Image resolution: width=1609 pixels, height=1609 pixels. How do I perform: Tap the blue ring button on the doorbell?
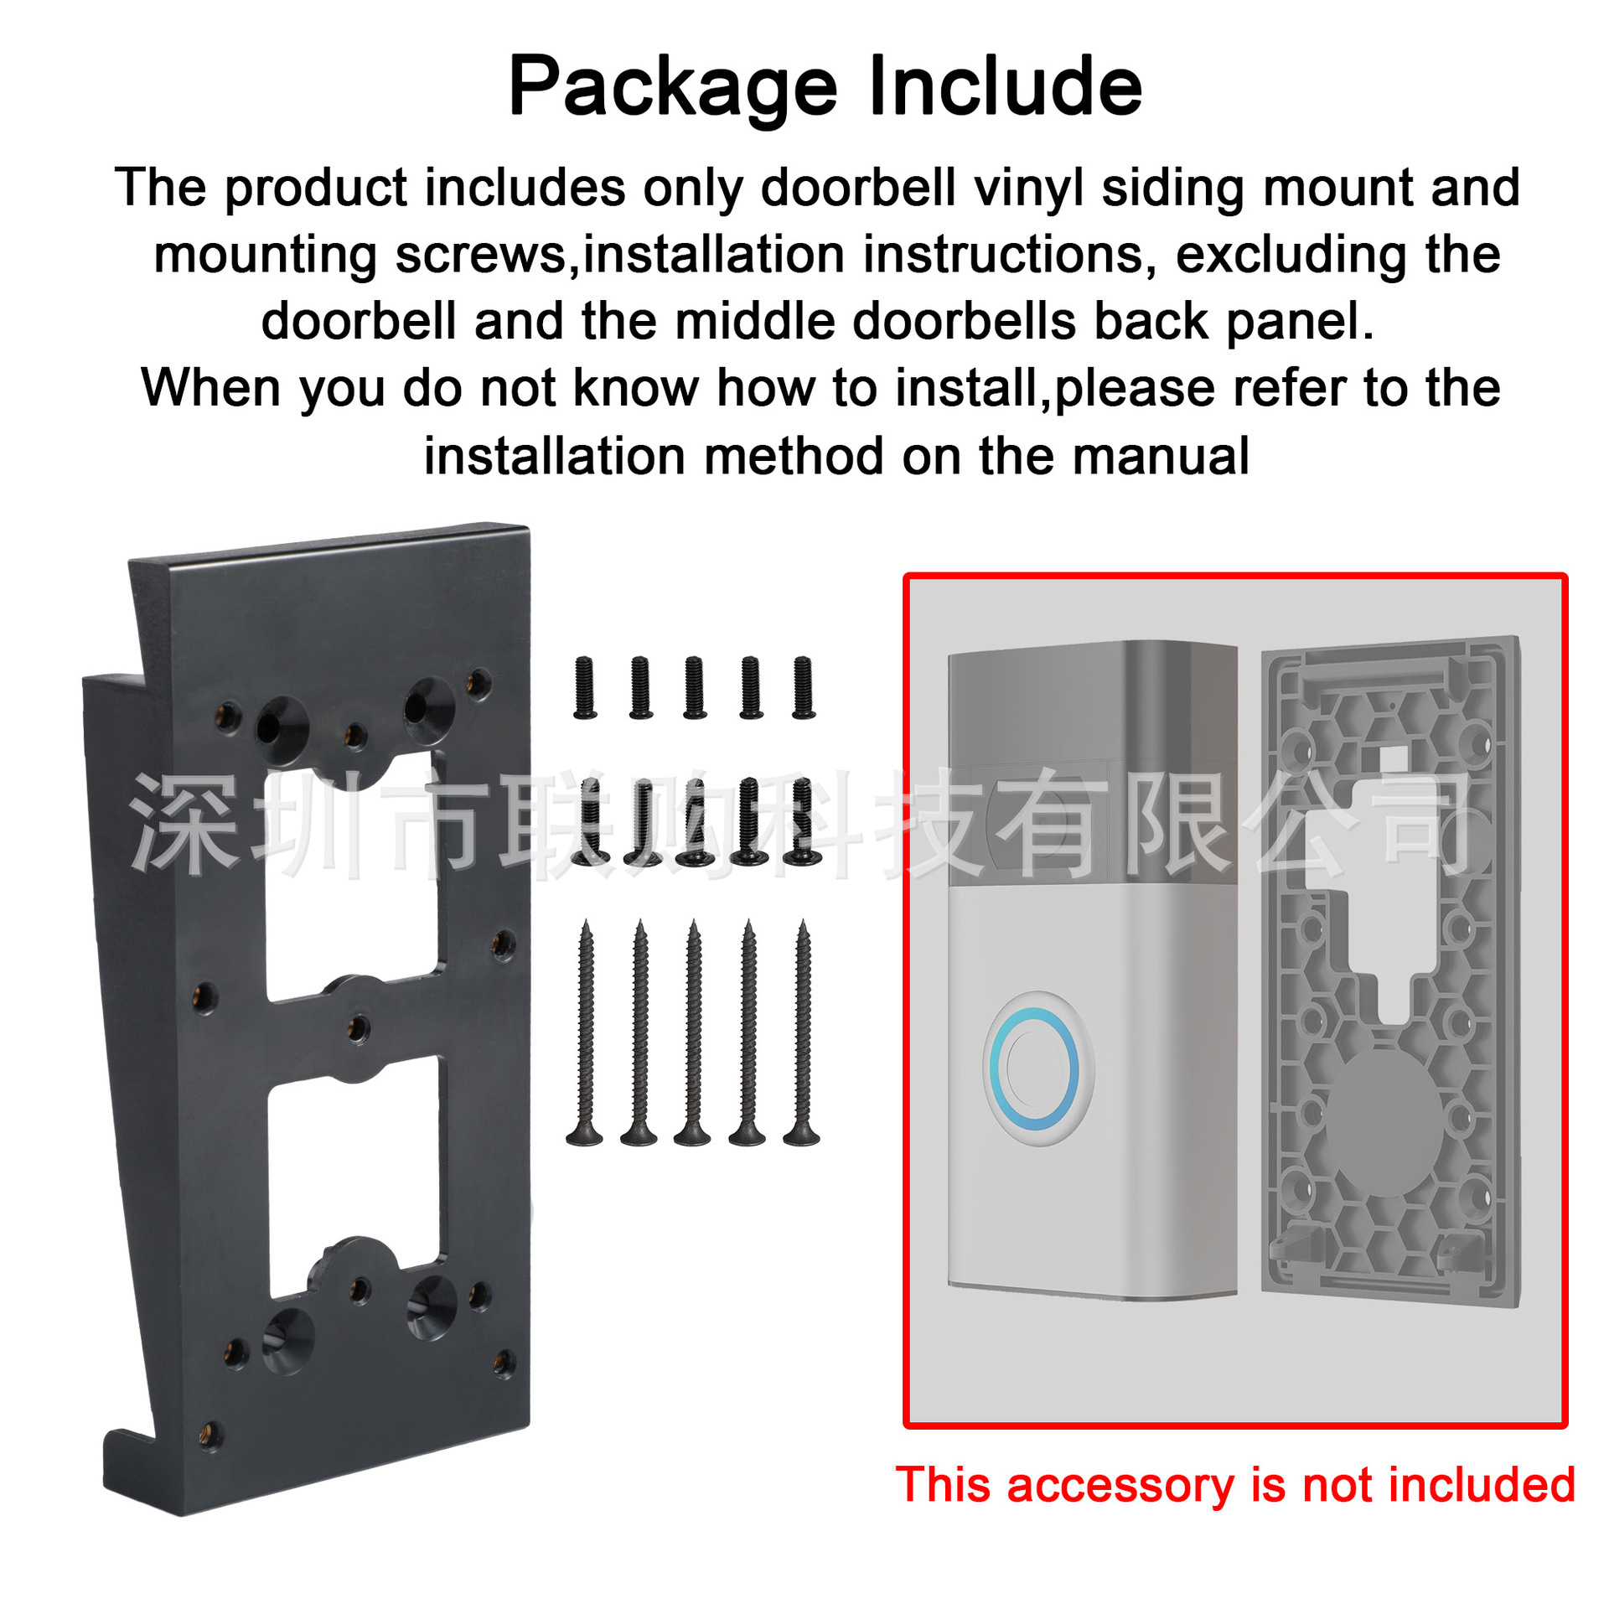tap(1033, 1068)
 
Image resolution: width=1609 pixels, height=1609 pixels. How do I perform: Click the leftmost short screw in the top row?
tap(585, 688)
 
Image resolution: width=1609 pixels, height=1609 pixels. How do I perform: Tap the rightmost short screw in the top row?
tap(803, 688)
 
